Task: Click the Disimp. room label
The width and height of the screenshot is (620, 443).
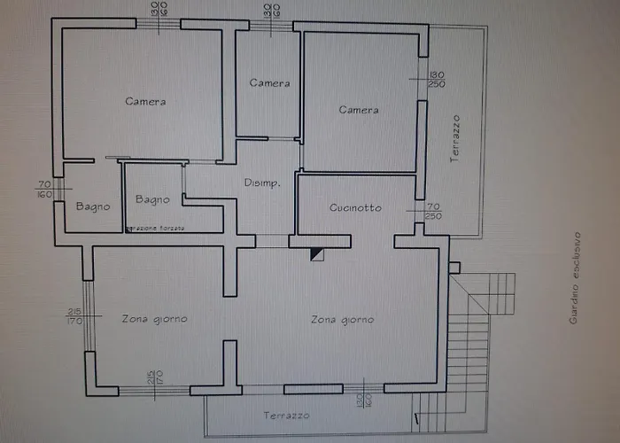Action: pyautogui.click(x=262, y=183)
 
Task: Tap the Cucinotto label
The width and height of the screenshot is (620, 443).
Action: pyautogui.click(x=355, y=208)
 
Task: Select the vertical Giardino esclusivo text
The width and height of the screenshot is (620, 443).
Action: pyautogui.click(x=575, y=278)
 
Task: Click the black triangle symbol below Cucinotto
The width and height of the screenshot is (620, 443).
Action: pyautogui.click(x=316, y=254)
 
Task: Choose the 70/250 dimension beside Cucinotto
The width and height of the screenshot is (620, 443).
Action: pyautogui.click(x=433, y=211)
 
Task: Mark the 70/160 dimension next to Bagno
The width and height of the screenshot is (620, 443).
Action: pyautogui.click(x=44, y=189)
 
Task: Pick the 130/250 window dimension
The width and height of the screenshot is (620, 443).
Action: pyautogui.click(x=436, y=79)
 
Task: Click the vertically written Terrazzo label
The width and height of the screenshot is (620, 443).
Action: pyautogui.click(x=455, y=136)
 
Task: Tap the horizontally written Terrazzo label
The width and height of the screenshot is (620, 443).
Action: pyautogui.click(x=286, y=416)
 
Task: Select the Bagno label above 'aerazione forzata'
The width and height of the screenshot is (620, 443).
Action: pyautogui.click(x=152, y=200)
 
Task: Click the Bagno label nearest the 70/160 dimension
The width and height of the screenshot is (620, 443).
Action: pyautogui.click(x=93, y=207)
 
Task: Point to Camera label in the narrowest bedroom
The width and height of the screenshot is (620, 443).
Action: pyautogui.click(x=269, y=83)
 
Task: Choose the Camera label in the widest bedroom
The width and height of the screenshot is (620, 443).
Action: pyautogui.click(x=145, y=102)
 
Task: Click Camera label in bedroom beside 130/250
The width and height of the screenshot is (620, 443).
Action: pyautogui.click(x=359, y=110)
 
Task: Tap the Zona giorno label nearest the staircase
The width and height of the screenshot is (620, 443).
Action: pyautogui.click(x=342, y=320)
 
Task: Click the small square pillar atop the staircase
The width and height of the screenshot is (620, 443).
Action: pyautogui.click(x=454, y=268)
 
